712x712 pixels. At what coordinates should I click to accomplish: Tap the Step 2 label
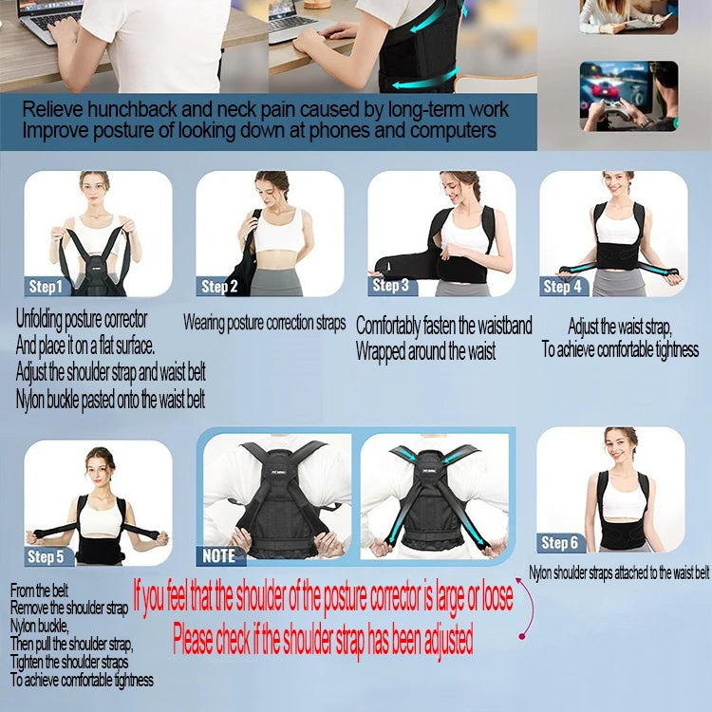click(x=219, y=286)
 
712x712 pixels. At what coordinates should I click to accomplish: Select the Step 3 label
click(x=391, y=285)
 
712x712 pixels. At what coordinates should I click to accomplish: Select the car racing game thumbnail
click(x=628, y=96)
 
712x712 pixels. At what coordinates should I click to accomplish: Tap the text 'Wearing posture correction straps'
click(x=264, y=323)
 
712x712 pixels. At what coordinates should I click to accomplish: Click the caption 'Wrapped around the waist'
click(x=425, y=351)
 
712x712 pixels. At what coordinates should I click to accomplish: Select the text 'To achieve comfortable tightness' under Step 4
click(x=620, y=349)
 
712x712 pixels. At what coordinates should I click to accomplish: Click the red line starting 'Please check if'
click(x=323, y=641)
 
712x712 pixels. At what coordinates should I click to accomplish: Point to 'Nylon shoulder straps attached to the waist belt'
click(x=619, y=573)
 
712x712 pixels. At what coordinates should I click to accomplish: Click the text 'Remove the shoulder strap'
click(x=69, y=608)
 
